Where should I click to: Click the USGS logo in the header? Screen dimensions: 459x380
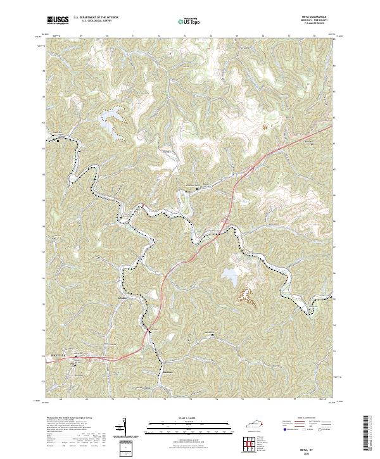pos(58,21)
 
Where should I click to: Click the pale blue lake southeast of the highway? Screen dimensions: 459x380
pos(229,275)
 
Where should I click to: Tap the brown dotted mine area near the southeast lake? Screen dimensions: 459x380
pos(246,296)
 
